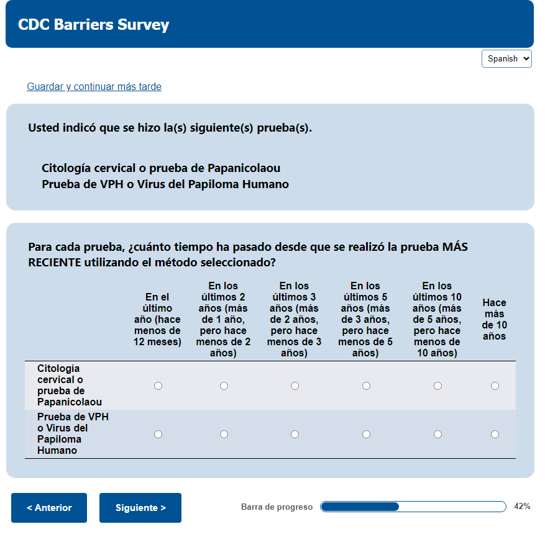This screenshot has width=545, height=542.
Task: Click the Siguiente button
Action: [140, 508]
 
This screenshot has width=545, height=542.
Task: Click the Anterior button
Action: [49, 508]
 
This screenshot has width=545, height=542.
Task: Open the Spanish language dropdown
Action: [506, 58]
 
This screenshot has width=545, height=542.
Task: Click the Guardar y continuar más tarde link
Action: [94, 87]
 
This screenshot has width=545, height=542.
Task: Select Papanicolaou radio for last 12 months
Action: [158, 386]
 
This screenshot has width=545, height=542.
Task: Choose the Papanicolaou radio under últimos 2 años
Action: [224, 386]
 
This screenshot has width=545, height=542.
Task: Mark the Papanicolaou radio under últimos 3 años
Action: [295, 386]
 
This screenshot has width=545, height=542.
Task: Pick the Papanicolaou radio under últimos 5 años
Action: [366, 386]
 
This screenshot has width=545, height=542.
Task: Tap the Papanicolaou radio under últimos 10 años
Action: [437, 386]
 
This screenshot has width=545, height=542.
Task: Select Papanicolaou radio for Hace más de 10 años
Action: [495, 386]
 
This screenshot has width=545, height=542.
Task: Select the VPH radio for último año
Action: [158, 434]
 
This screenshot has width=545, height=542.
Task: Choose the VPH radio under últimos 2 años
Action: [224, 434]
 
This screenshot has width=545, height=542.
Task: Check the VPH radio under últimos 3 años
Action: [295, 434]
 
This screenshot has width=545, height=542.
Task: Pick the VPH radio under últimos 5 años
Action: [366, 434]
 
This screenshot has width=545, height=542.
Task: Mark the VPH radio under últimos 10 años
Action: [437, 434]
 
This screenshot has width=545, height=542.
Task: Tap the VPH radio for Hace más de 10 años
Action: [495, 434]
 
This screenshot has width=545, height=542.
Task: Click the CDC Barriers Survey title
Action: [94, 25]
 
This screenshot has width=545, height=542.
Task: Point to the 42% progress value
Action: [522, 507]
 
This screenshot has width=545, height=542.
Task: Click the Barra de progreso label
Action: [277, 507]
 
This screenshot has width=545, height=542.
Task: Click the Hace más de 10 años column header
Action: [495, 320]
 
